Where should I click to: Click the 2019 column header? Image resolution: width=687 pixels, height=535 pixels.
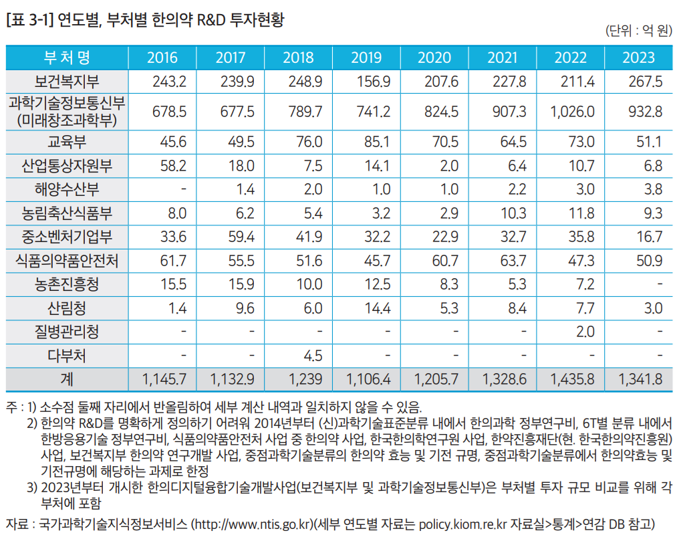click(x=366, y=57)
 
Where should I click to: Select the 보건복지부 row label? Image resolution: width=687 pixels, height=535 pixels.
click(x=67, y=82)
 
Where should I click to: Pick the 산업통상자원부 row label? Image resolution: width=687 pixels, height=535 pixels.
click(x=67, y=165)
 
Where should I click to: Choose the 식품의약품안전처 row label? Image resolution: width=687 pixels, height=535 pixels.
click(x=67, y=261)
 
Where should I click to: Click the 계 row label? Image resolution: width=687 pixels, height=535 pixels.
click(x=67, y=379)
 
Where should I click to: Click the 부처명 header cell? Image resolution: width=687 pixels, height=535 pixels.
click(x=67, y=57)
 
